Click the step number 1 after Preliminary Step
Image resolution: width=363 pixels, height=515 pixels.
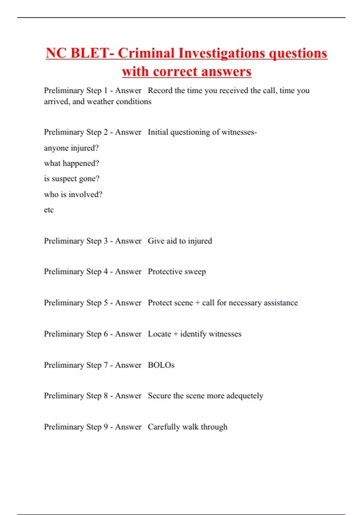point(106,91)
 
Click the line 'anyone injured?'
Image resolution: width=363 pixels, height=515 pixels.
point(71,148)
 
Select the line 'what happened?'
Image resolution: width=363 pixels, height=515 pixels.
point(71,163)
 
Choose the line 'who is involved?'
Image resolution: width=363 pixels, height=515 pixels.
point(73,194)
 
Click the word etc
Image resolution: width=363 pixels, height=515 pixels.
point(49,210)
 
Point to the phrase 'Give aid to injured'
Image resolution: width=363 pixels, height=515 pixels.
point(180,241)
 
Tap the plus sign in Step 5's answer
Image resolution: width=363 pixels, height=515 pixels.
point(198,303)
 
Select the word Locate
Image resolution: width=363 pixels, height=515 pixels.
point(159,334)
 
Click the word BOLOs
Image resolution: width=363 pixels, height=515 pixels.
point(161,365)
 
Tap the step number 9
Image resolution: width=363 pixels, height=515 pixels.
point(106,427)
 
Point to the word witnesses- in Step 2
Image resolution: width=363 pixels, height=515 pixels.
point(239,132)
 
